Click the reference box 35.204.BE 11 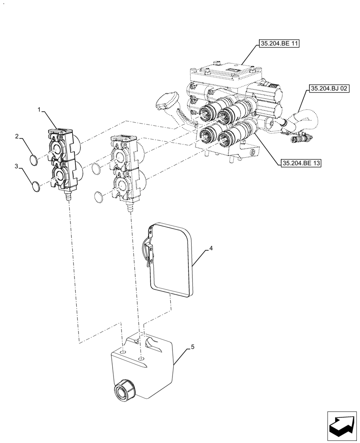pyautogui.click(x=278, y=44)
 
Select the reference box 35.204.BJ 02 pyautogui.click(x=329, y=89)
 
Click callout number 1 pyautogui.click(x=40, y=109)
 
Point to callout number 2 pyautogui.click(x=16, y=137)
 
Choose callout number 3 pyautogui.click(x=16, y=167)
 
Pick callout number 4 pyautogui.click(x=211, y=249)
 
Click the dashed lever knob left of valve pyautogui.click(x=167, y=100)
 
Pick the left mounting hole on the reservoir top pyautogui.click(x=122, y=352)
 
